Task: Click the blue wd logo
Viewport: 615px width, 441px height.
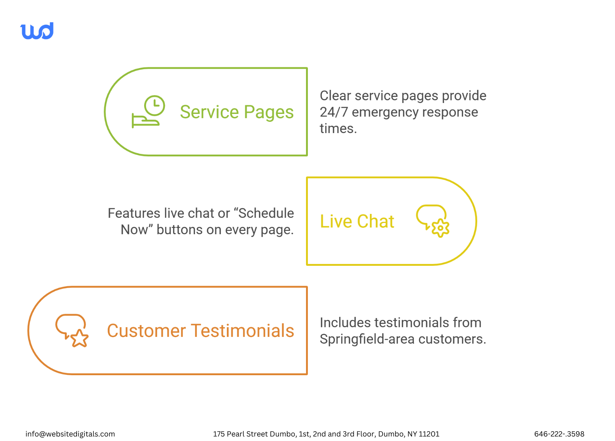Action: point(37,31)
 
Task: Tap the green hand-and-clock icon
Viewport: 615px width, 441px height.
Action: point(148,112)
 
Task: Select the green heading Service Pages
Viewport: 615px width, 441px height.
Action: point(237,112)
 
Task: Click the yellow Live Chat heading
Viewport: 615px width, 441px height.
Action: point(357,221)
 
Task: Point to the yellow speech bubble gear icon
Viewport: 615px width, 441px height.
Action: point(433,221)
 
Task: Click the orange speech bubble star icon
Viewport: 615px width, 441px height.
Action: point(72,330)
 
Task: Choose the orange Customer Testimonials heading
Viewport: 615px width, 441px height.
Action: point(200,331)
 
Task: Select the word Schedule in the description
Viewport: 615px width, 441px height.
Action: point(266,213)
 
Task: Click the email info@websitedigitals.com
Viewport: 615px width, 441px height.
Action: point(70,434)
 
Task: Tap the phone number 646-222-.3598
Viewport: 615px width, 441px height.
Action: point(559,434)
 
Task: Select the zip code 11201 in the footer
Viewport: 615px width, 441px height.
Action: point(429,434)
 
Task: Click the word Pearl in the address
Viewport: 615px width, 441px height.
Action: point(236,434)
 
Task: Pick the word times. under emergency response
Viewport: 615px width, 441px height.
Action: point(338,129)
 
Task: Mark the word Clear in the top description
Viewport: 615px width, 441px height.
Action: point(336,96)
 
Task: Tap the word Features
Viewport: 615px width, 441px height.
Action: point(134,213)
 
